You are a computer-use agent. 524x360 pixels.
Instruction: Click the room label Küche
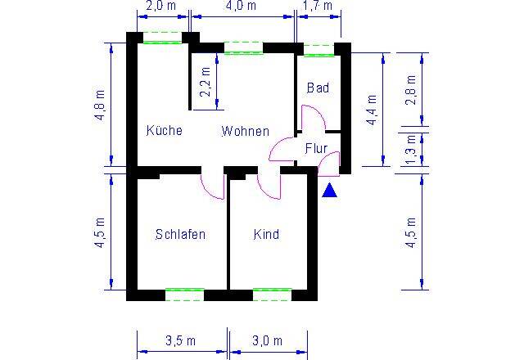tap(164, 130)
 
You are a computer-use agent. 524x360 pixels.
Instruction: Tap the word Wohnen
tap(245, 130)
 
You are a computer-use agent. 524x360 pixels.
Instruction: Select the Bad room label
tap(318, 88)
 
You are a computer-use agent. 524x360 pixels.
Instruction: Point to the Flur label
tap(316, 148)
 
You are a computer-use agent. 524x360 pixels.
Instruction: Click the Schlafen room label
tap(180, 234)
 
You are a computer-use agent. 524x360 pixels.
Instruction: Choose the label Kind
tap(266, 234)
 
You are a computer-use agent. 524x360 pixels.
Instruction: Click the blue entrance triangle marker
tap(329, 191)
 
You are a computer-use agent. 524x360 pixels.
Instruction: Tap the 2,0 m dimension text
tap(160, 7)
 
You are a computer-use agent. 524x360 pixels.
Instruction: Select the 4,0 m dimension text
tap(240, 7)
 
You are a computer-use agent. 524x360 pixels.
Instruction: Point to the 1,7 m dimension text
tap(317, 7)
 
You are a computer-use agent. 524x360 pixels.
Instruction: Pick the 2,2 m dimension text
tap(205, 81)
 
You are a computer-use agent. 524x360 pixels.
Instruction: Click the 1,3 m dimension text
tap(411, 149)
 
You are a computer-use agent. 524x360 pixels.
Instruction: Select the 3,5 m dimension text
tap(180, 340)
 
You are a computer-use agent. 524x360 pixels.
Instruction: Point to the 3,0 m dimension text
tap(267, 340)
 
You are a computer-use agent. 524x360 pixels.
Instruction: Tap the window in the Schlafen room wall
tap(184, 293)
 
